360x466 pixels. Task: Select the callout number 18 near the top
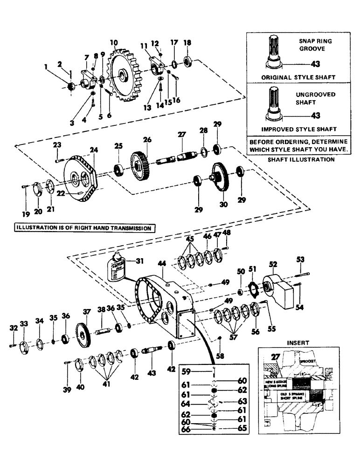click(187, 42)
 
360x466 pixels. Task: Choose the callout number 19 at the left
click(25, 214)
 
